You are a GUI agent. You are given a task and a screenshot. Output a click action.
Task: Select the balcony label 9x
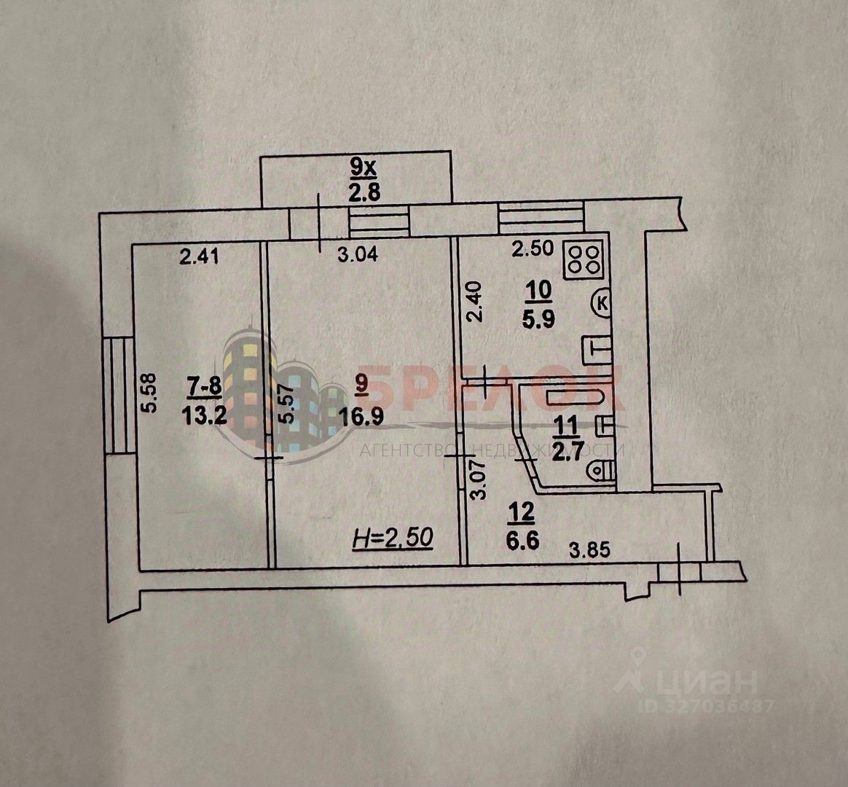361,168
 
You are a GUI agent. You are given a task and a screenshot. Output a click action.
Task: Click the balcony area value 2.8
362,193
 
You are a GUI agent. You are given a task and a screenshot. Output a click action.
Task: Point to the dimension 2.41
198,256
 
